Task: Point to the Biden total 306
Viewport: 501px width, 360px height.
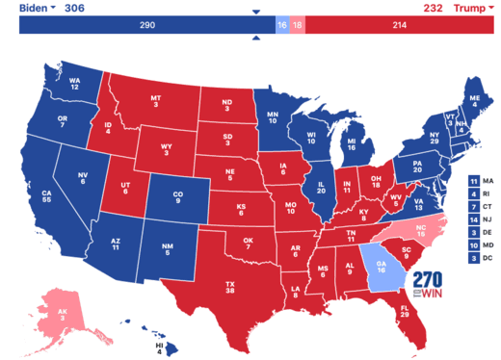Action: click(74, 7)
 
